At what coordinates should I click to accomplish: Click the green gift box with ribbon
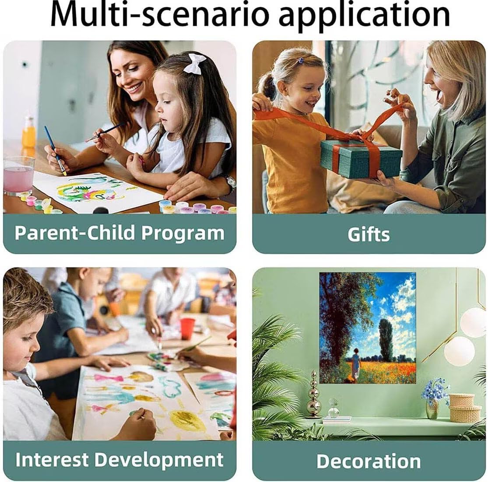[361, 159]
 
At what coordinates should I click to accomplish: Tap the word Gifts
[369, 234]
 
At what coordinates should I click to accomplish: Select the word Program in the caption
[183, 234]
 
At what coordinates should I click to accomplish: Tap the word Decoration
[369, 461]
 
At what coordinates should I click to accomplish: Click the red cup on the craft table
[187, 328]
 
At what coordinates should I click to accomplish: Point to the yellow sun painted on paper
[188, 420]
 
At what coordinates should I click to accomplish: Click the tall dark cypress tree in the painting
[386, 340]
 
